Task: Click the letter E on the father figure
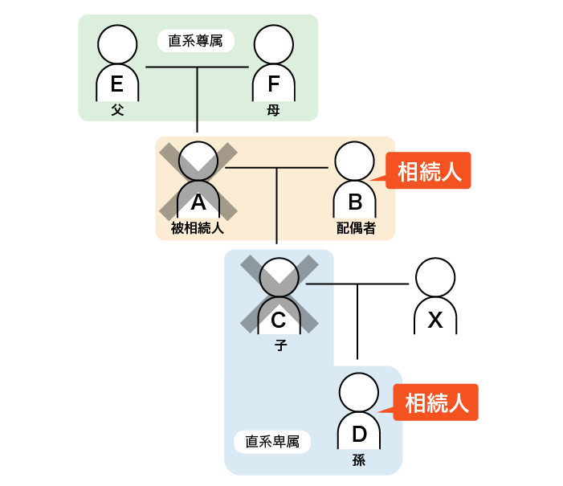(117, 84)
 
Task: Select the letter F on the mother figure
(273, 84)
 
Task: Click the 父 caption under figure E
(117, 110)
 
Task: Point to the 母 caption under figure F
(273, 110)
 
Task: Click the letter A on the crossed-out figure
(198, 202)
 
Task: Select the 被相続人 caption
(197, 228)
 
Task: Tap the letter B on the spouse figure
(355, 202)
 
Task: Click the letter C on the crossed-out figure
(279, 320)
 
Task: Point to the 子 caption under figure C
(279, 345)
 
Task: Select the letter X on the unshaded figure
(434, 320)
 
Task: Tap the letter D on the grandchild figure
(359, 435)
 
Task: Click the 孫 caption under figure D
(359, 460)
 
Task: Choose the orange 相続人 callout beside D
(436, 402)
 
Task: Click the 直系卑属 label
(272, 441)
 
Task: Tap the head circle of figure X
(434, 277)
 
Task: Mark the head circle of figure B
(354, 161)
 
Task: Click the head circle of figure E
(117, 43)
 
